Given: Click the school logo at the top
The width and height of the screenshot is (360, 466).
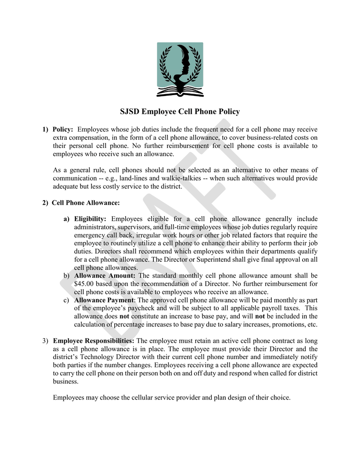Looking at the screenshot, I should pos(180,70).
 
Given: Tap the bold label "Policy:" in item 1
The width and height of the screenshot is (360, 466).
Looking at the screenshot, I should pos(63,130).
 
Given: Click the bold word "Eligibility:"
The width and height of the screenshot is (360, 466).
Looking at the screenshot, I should pos(90,219).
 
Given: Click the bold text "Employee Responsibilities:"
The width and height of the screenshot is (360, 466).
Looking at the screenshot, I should pos(93,341).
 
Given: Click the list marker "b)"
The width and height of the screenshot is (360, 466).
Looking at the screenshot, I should pos(66,276).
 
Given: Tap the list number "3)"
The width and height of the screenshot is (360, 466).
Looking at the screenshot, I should pos(45,341).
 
